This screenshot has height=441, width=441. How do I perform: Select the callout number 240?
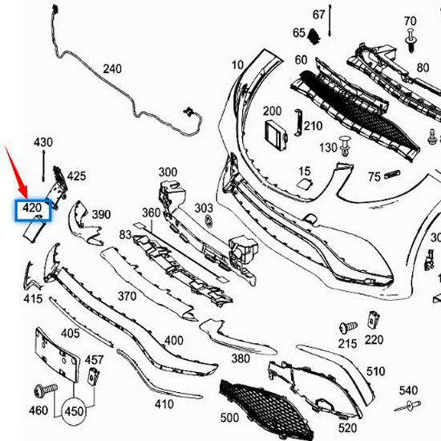tap(112, 69)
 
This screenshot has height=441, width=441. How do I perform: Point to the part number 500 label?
tap(230, 418)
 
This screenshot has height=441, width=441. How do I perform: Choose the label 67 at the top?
tap(318, 14)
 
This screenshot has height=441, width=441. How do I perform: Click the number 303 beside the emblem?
tap(204, 208)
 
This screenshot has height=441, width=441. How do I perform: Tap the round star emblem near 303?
tap(207, 220)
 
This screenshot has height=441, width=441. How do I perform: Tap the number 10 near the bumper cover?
tap(237, 65)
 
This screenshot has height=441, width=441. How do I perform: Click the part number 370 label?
tap(127, 296)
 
